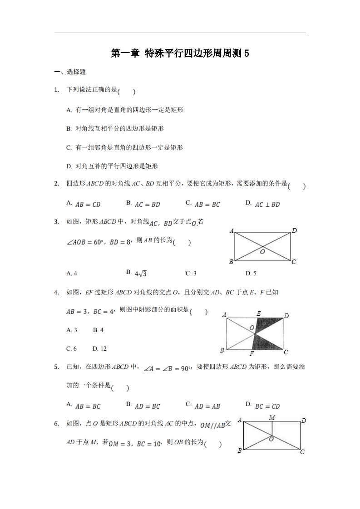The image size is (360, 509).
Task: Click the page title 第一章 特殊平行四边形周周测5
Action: (180, 54)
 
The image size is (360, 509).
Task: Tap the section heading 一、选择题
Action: (70, 72)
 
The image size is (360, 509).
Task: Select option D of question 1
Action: (112, 166)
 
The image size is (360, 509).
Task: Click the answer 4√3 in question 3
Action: (140, 274)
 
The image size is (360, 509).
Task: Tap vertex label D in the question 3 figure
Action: (294, 231)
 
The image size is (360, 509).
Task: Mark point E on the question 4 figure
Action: (258, 313)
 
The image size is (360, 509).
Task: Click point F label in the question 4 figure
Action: (252, 353)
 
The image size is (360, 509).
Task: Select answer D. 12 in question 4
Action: (99, 349)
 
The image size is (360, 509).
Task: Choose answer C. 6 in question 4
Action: (71, 349)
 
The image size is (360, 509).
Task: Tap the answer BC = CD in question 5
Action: (267, 406)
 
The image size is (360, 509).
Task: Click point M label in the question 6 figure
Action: (272, 416)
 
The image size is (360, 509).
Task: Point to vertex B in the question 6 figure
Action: (240, 450)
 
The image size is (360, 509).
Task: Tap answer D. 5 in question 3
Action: (251, 274)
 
